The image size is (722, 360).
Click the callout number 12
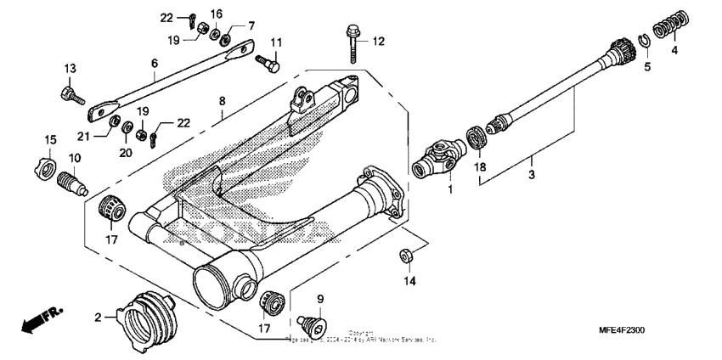click(x=378, y=41)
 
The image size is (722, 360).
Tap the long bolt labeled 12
click(x=353, y=42)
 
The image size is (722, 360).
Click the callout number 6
click(x=155, y=63)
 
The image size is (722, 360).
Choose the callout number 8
click(x=222, y=101)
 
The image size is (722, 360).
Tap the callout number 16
click(x=216, y=14)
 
